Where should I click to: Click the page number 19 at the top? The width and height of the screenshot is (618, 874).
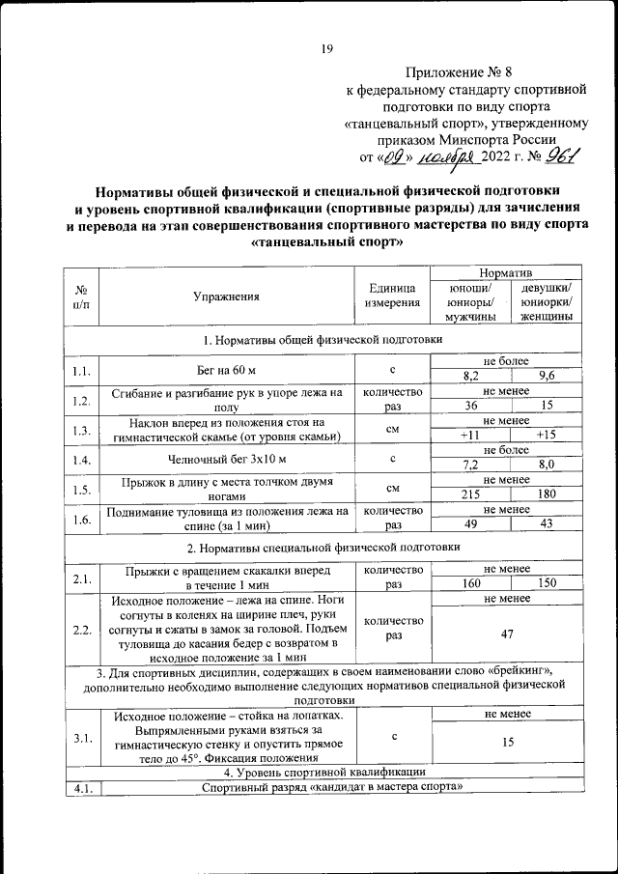point(326,49)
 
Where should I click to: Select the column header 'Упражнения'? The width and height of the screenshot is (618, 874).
point(226,296)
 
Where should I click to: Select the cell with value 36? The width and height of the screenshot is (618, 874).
point(471,407)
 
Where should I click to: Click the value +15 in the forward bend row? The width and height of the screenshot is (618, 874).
point(546,437)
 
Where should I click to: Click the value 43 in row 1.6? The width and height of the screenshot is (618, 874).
point(546,525)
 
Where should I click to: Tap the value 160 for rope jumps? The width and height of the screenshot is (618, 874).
point(471,585)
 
